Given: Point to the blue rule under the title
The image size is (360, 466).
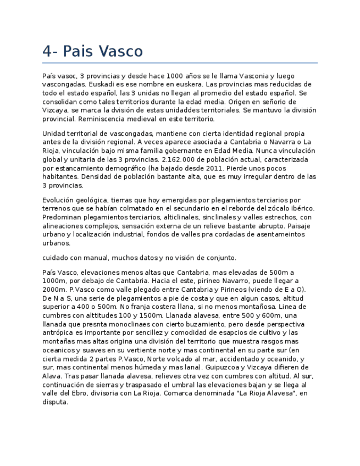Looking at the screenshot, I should pos(180,63).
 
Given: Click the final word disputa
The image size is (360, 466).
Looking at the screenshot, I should pos(55,402).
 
